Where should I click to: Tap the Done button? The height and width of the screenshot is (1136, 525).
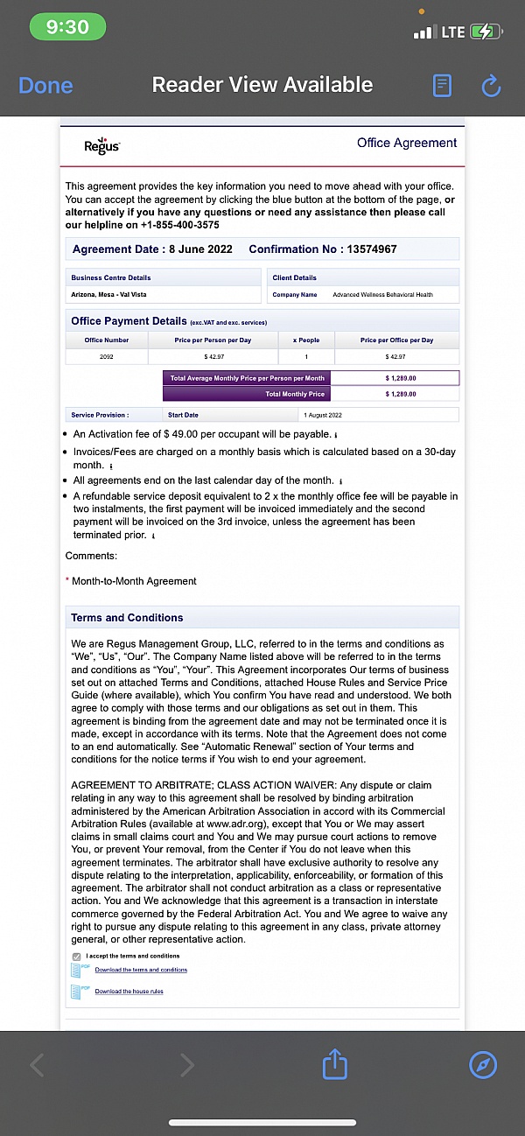pos(45,85)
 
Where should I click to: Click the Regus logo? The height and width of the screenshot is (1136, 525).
pos(101,145)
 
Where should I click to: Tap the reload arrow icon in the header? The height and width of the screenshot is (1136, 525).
pos(491,85)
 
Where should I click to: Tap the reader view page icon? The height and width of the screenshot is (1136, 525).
pos(443,85)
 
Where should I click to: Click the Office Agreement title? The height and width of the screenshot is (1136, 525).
pos(407,143)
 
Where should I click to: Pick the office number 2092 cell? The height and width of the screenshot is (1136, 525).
pos(106,357)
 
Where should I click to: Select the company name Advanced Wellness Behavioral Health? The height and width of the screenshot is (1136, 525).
pos(382,295)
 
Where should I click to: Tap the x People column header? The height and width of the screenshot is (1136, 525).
pos(304,340)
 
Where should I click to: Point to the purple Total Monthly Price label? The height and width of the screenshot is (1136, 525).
pos(295,395)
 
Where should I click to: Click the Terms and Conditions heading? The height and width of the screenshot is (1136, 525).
pos(127,618)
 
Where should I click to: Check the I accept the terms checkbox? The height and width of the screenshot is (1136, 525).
pos(76,957)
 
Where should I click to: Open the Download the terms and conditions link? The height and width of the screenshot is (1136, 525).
pos(141,970)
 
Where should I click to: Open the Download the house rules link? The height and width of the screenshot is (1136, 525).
pos(129,992)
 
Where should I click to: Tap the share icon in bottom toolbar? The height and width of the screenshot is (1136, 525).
pos(335,1065)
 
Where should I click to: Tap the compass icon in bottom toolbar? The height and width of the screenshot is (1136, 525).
pos(483,1065)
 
